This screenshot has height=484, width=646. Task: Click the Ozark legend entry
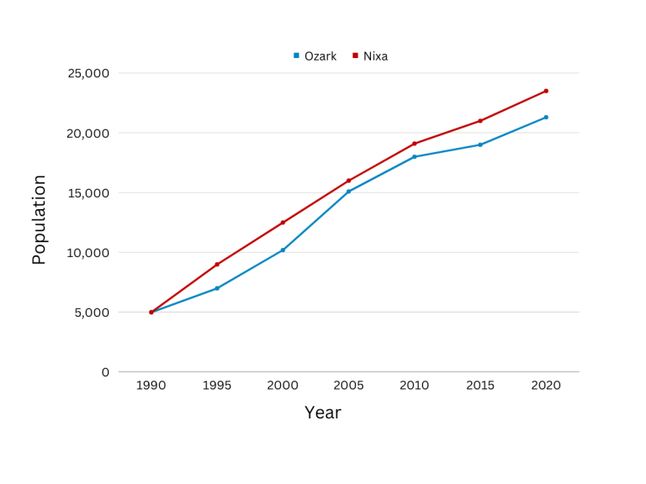pos(315,56)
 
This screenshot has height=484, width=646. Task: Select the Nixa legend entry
pos(370,56)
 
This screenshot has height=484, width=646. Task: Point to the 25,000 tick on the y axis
pos(88,73)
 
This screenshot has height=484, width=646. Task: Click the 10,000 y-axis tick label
pos(88,253)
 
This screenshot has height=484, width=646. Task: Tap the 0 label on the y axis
pos(105,372)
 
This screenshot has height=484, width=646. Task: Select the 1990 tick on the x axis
pos(151,385)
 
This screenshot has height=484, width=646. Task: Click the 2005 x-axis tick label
pos(348,385)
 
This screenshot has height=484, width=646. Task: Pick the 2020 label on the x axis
pos(546,385)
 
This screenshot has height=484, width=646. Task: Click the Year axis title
pos(323,413)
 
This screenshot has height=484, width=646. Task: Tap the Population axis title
pos(39,219)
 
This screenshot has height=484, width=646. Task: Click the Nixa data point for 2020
pos(546,91)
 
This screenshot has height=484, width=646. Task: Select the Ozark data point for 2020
pos(546,118)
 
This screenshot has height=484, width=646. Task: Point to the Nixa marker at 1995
pos(217,264)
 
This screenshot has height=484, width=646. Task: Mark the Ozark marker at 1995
pos(217,288)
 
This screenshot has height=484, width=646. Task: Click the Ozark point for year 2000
pos(283,250)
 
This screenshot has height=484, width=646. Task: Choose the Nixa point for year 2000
pos(283,222)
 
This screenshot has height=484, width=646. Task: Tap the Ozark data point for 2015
pos(480,145)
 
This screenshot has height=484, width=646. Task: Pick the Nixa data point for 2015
pos(480,121)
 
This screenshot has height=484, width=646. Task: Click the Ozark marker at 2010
pos(415,157)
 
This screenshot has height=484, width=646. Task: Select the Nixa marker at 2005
pos(348,181)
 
